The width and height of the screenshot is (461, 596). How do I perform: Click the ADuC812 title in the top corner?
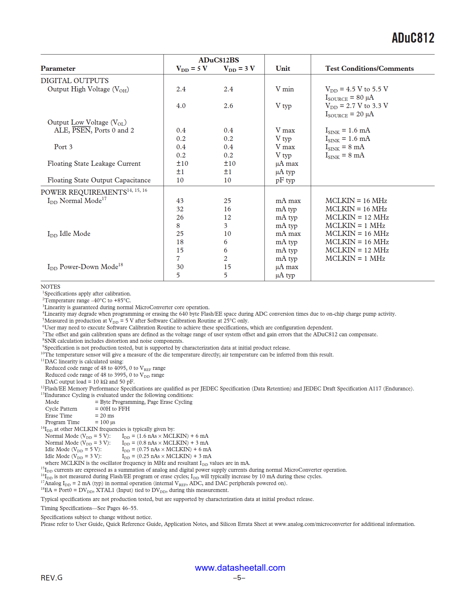[x=413, y=38]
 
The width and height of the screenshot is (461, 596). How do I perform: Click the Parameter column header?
[x=58, y=69]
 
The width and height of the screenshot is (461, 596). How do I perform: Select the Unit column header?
[x=283, y=69]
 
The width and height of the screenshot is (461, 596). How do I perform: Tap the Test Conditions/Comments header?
[x=369, y=69]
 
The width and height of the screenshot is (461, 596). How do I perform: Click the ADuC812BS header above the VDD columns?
[x=218, y=60]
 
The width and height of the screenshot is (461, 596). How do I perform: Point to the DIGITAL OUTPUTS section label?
[x=74, y=81]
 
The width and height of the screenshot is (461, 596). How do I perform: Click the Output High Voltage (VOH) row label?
[x=88, y=89]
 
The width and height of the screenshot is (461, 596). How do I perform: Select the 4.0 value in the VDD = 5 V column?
[x=181, y=106]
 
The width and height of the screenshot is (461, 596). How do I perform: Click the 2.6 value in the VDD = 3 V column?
[x=228, y=106]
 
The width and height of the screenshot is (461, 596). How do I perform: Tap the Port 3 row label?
[x=63, y=147]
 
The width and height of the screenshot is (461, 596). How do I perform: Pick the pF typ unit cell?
[x=285, y=180]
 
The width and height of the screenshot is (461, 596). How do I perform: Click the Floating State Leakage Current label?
[x=94, y=164]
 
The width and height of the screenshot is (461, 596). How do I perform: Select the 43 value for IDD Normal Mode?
[x=180, y=201]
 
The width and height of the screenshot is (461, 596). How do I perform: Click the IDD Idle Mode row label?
[x=69, y=234]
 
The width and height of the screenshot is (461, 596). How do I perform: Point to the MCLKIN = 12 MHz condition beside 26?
[x=357, y=217]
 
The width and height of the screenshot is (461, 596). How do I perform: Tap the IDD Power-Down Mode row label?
[x=85, y=267]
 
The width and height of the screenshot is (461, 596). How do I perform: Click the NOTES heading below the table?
[x=50, y=287]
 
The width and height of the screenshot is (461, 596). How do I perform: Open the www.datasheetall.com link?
[x=240, y=567]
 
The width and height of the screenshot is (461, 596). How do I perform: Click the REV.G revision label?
[x=51, y=578]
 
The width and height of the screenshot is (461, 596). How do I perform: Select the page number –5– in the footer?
[x=239, y=578]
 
